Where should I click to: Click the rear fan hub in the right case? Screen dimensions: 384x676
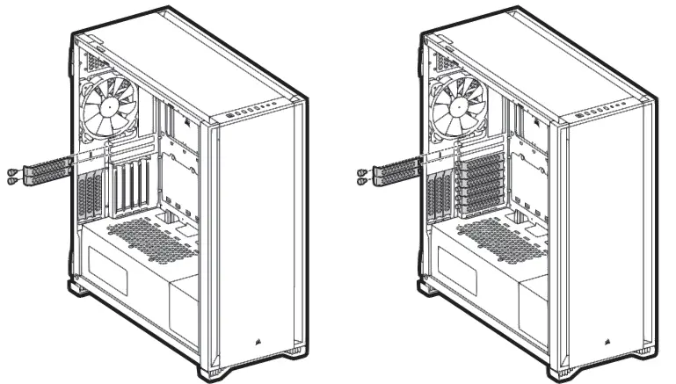click(459, 106)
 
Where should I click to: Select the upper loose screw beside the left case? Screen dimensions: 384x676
click(11, 170)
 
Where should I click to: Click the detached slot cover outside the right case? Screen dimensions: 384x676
click(395, 170)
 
